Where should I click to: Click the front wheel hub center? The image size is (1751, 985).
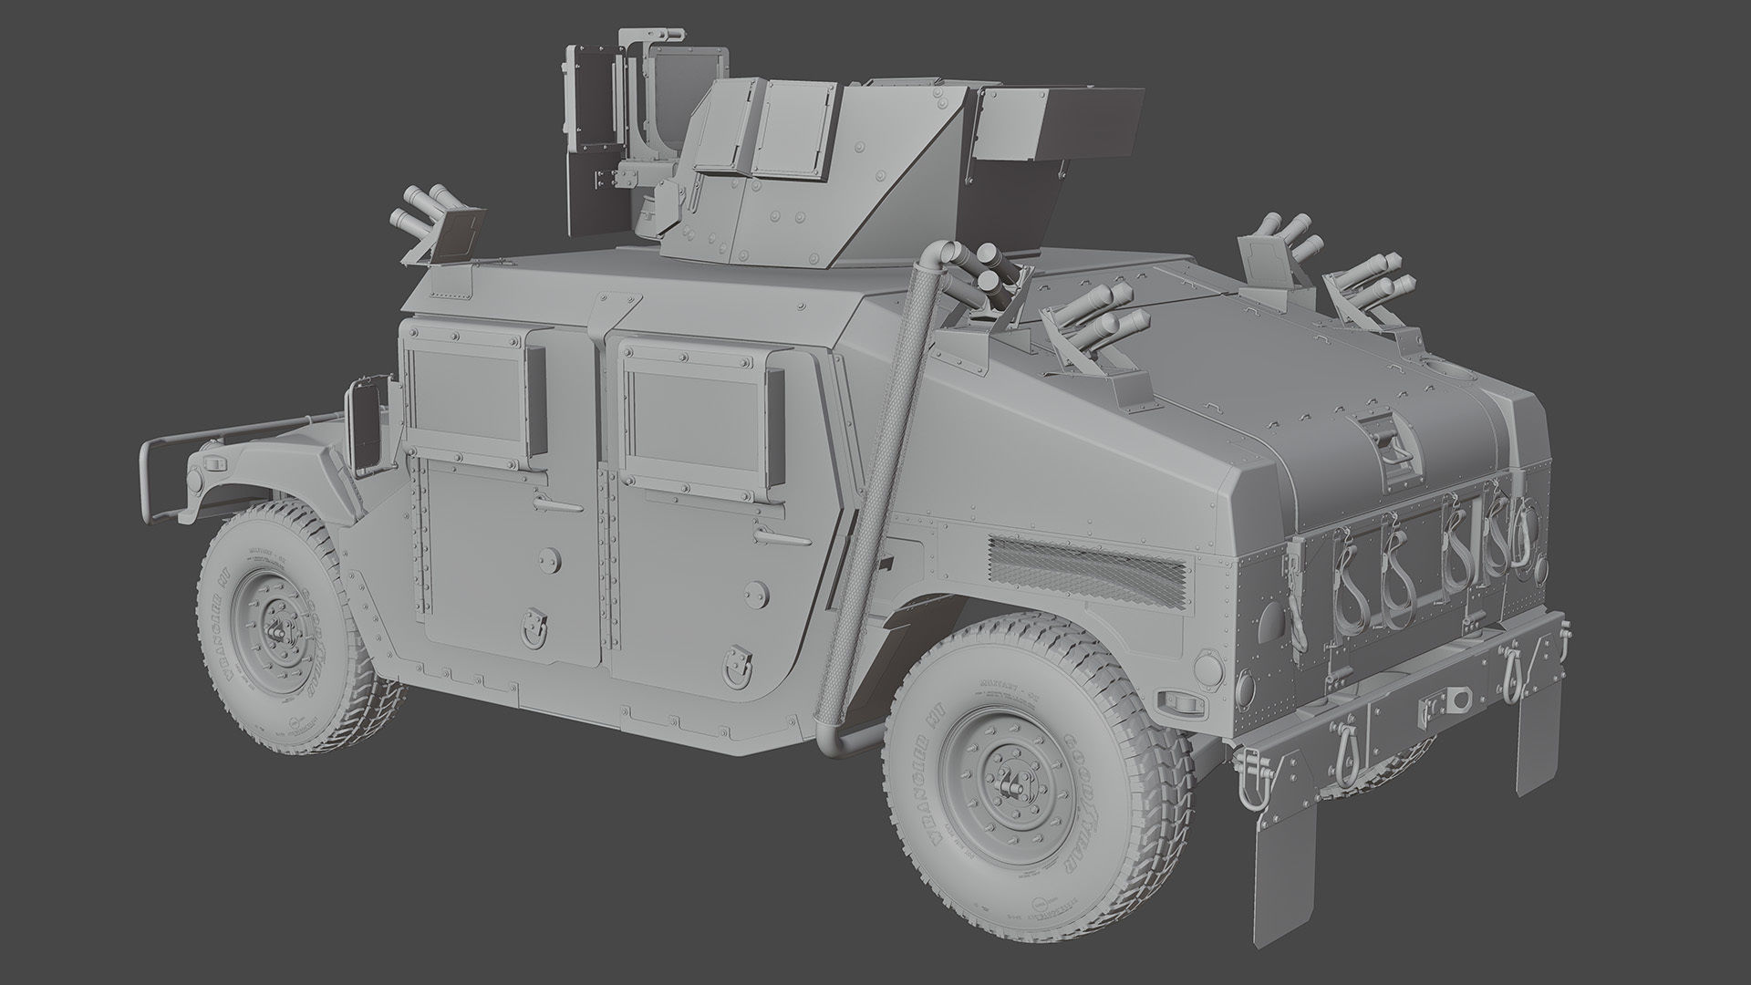click(x=279, y=630)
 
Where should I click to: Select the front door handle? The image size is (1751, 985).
click(x=557, y=504)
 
